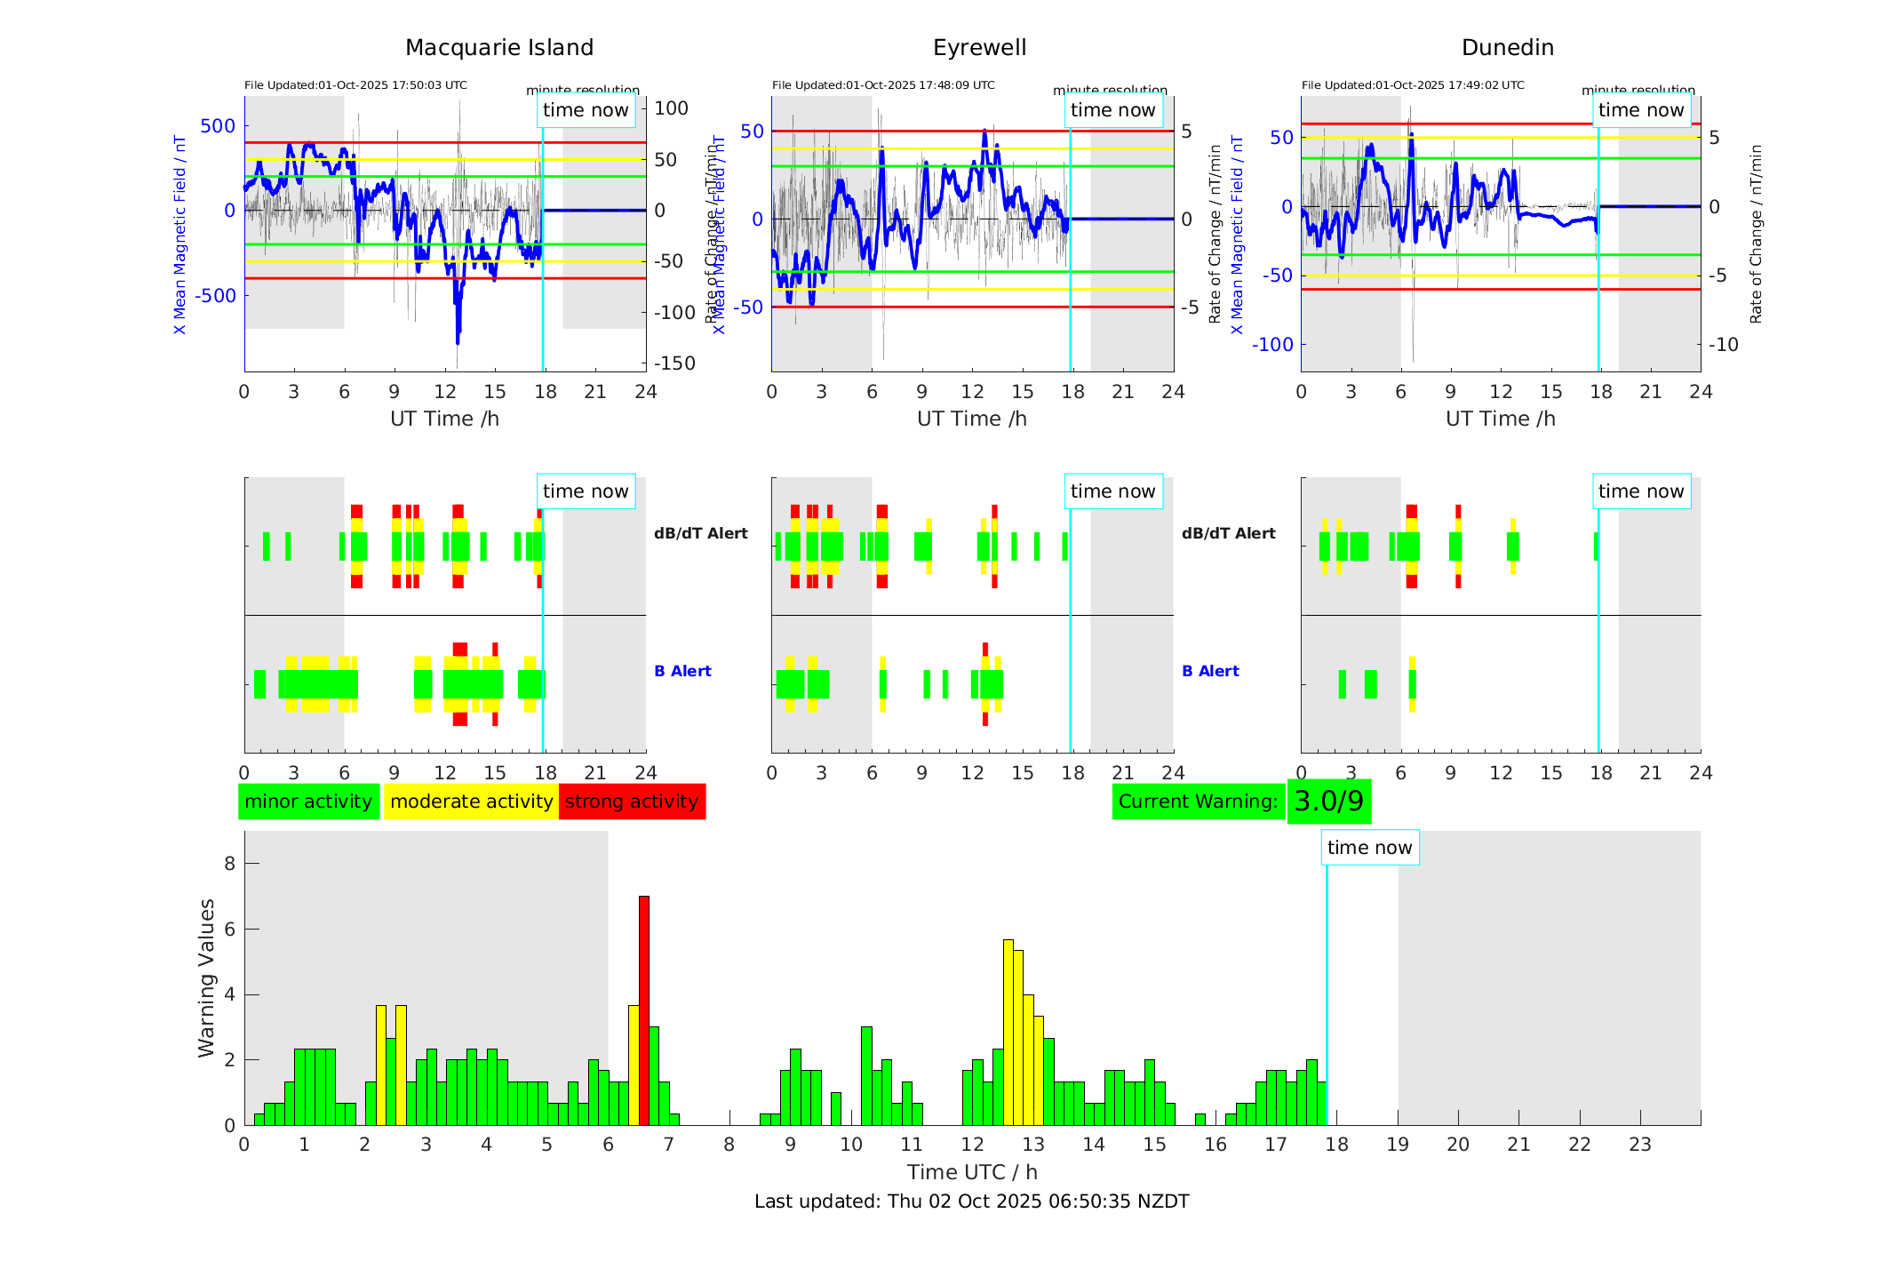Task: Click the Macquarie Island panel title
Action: point(498,48)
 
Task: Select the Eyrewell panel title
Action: point(979,48)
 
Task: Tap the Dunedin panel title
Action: point(1507,48)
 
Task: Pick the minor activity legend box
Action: point(308,802)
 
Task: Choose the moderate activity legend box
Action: point(471,802)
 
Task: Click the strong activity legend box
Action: point(632,802)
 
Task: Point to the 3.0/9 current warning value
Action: point(1328,802)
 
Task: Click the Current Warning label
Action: point(1198,802)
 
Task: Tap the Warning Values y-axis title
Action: point(207,978)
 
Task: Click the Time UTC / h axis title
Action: point(972,1172)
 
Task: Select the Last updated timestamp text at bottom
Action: point(971,1201)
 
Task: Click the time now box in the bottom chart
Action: point(1369,848)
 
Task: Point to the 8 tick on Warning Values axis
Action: point(230,864)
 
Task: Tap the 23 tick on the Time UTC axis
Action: point(1639,1145)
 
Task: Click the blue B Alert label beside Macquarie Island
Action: point(682,671)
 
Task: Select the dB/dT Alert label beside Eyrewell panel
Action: point(1228,533)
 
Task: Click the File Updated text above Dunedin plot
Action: point(1413,85)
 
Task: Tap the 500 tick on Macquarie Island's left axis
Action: point(218,126)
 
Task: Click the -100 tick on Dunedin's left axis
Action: point(1272,345)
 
